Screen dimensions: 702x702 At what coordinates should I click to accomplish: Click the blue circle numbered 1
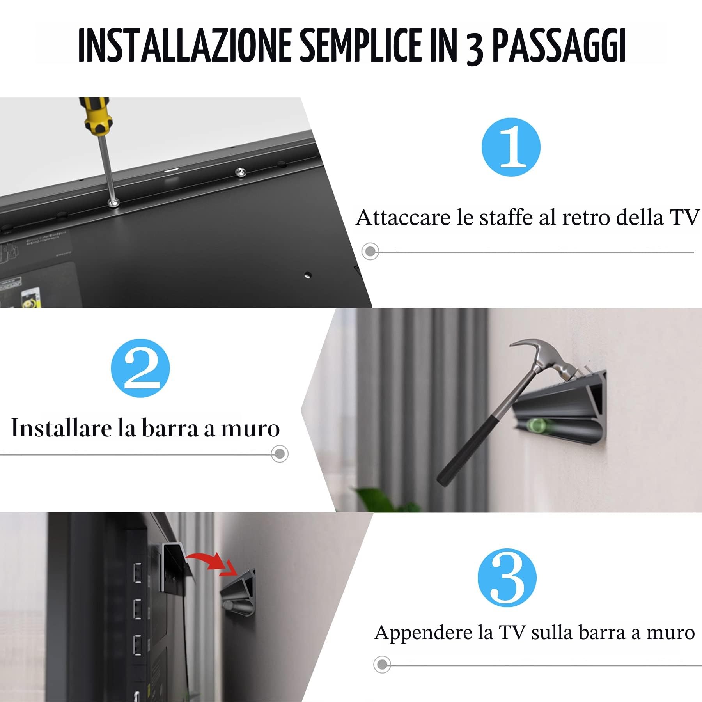point(511,147)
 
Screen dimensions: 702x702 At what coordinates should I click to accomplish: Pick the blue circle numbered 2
point(140,368)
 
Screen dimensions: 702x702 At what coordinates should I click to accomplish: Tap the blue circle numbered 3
point(507,577)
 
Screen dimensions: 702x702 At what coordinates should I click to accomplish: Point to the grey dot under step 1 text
point(370,251)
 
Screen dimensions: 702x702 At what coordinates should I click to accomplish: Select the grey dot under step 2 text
point(280,454)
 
